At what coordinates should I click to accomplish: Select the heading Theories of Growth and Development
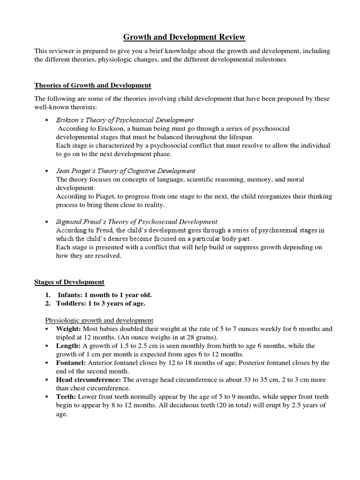click(93, 85)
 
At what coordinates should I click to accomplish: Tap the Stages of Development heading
click(69, 282)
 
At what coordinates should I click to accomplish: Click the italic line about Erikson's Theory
click(125, 120)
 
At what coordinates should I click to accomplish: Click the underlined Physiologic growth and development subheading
click(99, 320)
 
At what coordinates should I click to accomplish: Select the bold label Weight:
click(68, 329)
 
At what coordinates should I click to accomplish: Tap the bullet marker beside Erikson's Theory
click(47, 120)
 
